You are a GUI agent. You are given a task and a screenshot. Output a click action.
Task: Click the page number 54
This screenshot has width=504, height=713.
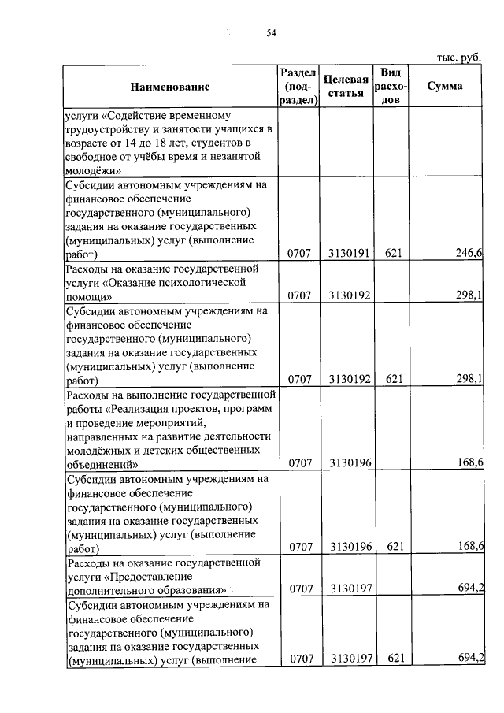[271, 32]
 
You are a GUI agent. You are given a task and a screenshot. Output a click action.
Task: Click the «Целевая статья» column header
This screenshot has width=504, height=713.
[346, 86]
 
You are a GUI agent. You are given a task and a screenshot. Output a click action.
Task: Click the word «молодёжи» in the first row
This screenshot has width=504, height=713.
[91, 169]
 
